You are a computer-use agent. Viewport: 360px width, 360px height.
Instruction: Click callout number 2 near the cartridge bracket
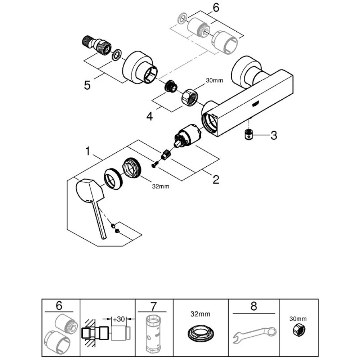tap(216, 179)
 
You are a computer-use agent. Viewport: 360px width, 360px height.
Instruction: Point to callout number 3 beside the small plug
tap(274, 136)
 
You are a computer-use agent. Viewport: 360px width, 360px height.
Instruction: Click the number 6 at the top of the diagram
tap(216, 8)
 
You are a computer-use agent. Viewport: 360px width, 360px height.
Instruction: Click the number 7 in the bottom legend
tap(154, 307)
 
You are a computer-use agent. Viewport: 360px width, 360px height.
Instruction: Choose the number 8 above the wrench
tap(254, 307)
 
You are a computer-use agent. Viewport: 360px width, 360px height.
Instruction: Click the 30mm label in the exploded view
tap(214, 81)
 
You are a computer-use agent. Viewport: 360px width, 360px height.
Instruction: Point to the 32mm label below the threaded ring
tap(160, 186)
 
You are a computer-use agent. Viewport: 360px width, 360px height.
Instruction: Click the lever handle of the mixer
tap(92, 200)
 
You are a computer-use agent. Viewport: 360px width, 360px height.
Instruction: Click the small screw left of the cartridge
tap(154, 164)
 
